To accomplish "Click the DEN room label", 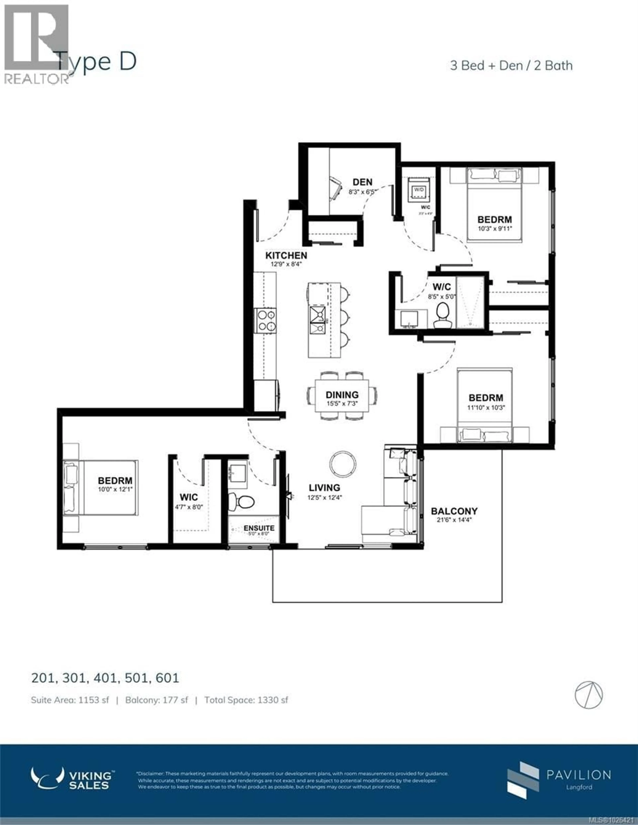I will [362, 182].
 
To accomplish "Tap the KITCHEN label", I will [286, 256].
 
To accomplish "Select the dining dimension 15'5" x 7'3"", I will [342, 403].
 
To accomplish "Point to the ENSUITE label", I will [259, 528].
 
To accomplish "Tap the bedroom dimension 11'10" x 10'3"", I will [486, 408].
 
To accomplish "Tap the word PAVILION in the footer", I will [579, 775].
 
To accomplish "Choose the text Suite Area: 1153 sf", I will [70, 700].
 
